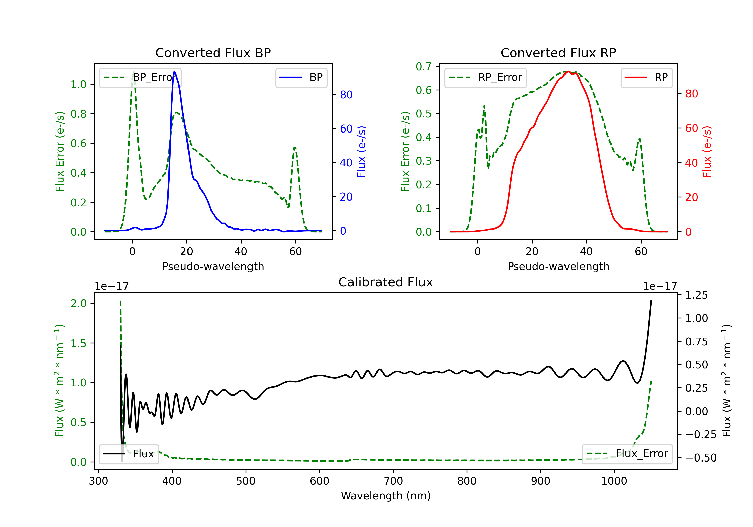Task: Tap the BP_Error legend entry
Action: pyautogui.click(x=140, y=78)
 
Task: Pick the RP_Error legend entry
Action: pyautogui.click(x=485, y=78)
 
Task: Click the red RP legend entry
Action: pyautogui.click(x=646, y=78)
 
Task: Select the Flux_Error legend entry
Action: pyautogui.click(x=627, y=454)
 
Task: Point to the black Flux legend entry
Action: pyautogui.click(x=129, y=454)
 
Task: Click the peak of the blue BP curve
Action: pyautogui.click(x=174, y=71)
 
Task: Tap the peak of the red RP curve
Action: pyautogui.click(x=568, y=71)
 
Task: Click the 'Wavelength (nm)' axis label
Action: pyautogui.click(x=386, y=496)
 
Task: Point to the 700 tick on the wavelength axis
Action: pyautogui.click(x=393, y=481)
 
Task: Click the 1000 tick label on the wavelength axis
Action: pyautogui.click(x=614, y=481)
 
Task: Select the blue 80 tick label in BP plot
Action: pyautogui.click(x=346, y=95)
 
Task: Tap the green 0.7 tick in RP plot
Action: pyautogui.click(x=423, y=67)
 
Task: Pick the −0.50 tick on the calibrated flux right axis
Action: pyautogui.click(x=701, y=458)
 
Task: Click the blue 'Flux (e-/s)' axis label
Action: pyautogui.click(x=361, y=152)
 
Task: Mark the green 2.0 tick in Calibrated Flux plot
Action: pyautogui.click(x=78, y=304)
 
